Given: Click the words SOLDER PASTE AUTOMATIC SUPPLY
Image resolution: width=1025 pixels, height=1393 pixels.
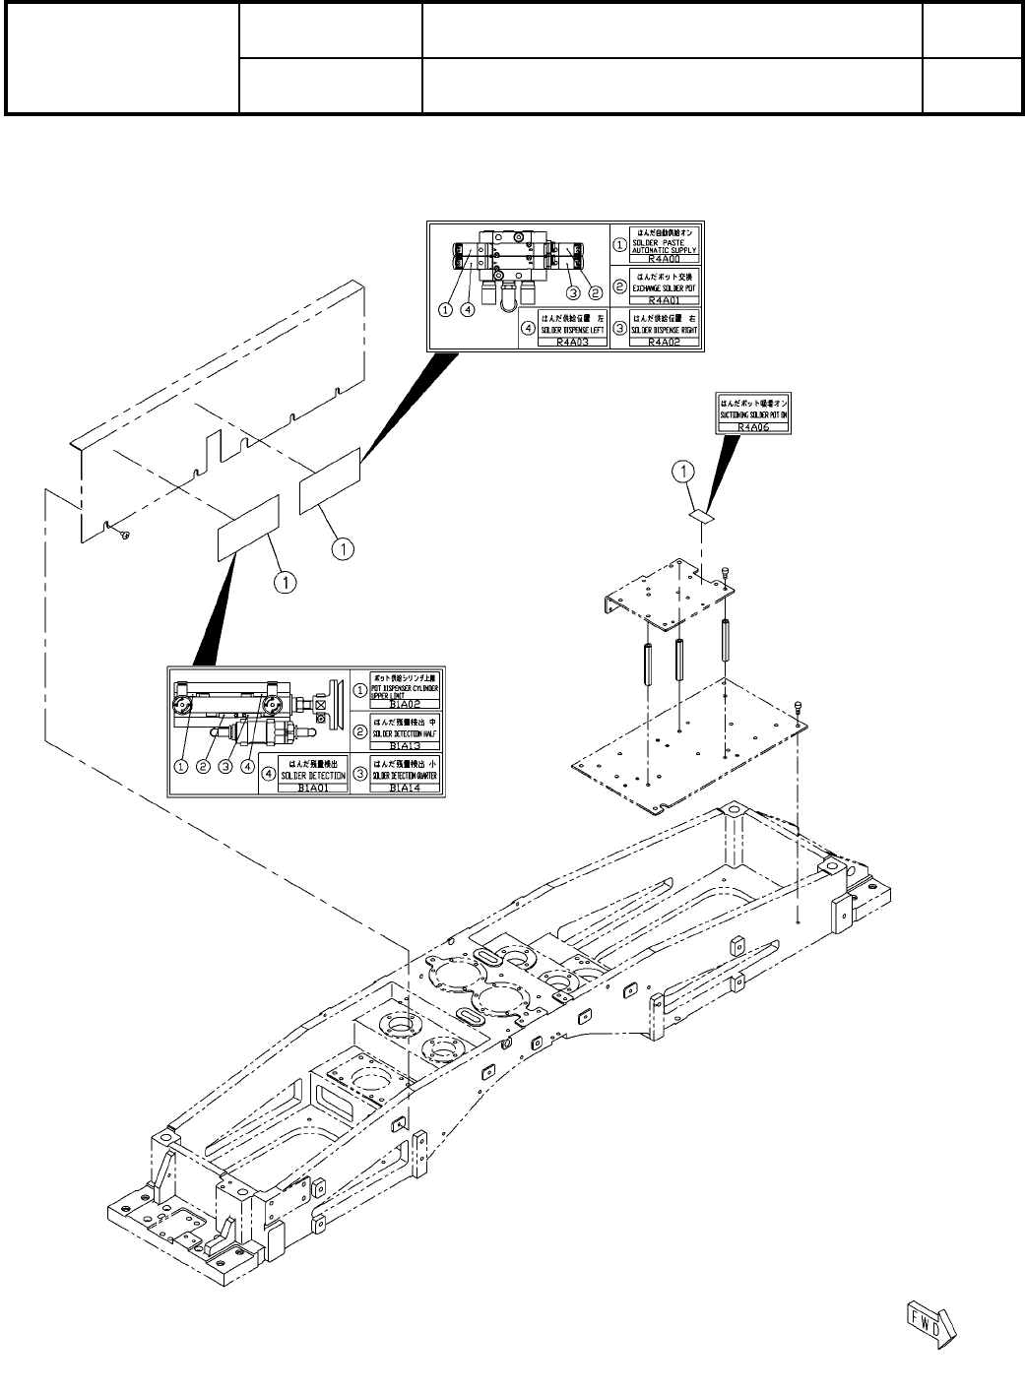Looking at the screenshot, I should tap(668, 245).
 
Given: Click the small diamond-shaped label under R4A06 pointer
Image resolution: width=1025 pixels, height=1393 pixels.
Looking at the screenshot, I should tap(701, 515).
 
